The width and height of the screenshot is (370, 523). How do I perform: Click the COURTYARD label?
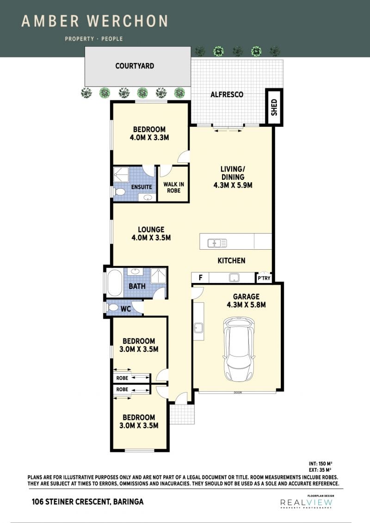(135, 66)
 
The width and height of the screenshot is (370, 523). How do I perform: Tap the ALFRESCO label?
(227, 94)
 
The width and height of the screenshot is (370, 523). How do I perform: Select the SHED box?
(274, 107)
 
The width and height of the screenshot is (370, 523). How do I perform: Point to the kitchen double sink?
(217, 243)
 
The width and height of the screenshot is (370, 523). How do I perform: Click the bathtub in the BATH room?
(114, 283)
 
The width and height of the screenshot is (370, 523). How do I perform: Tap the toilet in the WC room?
(112, 307)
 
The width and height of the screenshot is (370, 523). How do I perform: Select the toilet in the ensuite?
(119, 192)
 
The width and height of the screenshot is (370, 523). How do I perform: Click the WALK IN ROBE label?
(174, 187)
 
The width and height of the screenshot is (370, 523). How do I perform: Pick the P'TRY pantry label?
(264, 278)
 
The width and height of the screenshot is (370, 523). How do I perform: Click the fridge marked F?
(201, 277)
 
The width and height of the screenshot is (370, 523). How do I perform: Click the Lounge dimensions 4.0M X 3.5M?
(151, 238)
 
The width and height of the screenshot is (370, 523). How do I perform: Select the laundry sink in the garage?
(198, 327)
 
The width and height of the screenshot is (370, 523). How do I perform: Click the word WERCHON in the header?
(127, 21)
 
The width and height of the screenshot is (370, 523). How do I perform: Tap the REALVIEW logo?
(306, 502)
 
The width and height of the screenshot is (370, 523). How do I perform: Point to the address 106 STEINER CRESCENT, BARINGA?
(88, 502)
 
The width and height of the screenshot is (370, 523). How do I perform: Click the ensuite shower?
(121, 174)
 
